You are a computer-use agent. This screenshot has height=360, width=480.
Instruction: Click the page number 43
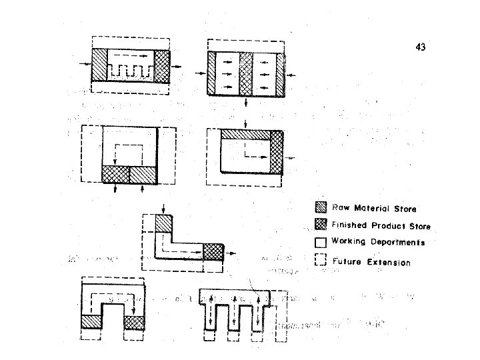click(x=419, y=47)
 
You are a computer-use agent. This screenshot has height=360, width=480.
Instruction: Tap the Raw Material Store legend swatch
click(x=321, y=209)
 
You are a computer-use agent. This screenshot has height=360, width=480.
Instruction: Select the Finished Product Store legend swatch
click(x=321, y=225)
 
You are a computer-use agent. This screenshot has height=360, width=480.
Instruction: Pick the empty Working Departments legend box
click(x=321, y=242)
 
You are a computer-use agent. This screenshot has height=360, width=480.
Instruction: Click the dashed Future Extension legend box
click(x=321, y=261)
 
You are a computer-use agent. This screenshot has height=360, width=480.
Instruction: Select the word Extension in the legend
click(x=389, y=262)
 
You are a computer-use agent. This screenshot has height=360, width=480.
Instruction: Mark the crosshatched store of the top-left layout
click(x=162, y=65)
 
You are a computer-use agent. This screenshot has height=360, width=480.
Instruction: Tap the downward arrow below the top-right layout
click(x=247, y=104)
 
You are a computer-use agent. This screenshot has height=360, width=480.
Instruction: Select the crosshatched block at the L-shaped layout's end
click(x=213, y=252)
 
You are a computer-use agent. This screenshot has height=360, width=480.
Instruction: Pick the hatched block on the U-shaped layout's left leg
click(x=91, y=321)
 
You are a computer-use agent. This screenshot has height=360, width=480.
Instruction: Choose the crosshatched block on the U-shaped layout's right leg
click(x=134, y=321)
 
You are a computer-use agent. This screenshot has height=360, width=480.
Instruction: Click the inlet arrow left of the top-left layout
click(x=83, y=65)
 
